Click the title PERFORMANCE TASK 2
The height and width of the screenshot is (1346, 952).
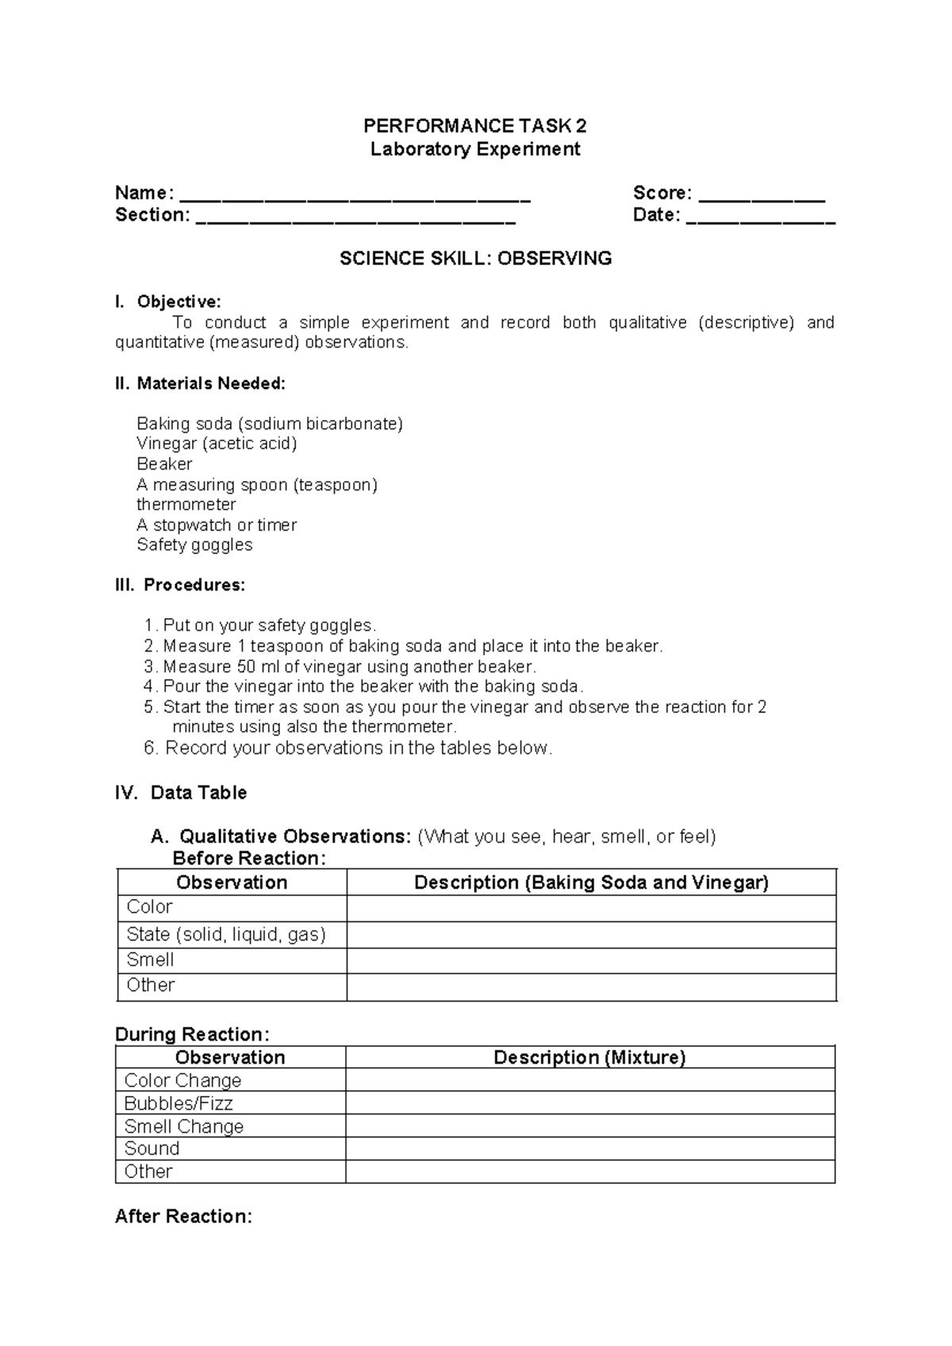(x=475, y=125)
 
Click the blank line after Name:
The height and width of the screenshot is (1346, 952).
(x=355, y=196)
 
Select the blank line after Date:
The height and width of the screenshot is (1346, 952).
(x=761, y=218)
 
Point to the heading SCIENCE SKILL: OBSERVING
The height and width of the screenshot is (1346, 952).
(x=475, y=258)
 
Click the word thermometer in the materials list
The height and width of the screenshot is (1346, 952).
(x=186, y=505)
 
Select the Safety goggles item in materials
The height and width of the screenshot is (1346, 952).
(x=194, y=545)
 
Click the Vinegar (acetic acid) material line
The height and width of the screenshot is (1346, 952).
(x=217, y=444)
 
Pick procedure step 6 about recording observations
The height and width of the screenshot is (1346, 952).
(x=349, y=748)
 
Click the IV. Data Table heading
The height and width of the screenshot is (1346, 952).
(x=182, y=793)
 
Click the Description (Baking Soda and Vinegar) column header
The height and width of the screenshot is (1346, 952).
(x=591, y=883)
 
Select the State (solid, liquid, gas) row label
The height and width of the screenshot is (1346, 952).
(x=226, y=934)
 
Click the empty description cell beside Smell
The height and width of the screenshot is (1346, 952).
(x=591, y=960)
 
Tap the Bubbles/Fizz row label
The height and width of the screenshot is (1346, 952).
(x=178, y=1103)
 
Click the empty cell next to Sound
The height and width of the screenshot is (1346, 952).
(x=589, y=1148)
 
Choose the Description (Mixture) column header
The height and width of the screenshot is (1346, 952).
(x=589, y=1057)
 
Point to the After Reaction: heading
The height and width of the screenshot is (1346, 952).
(x=183, y=1217)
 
